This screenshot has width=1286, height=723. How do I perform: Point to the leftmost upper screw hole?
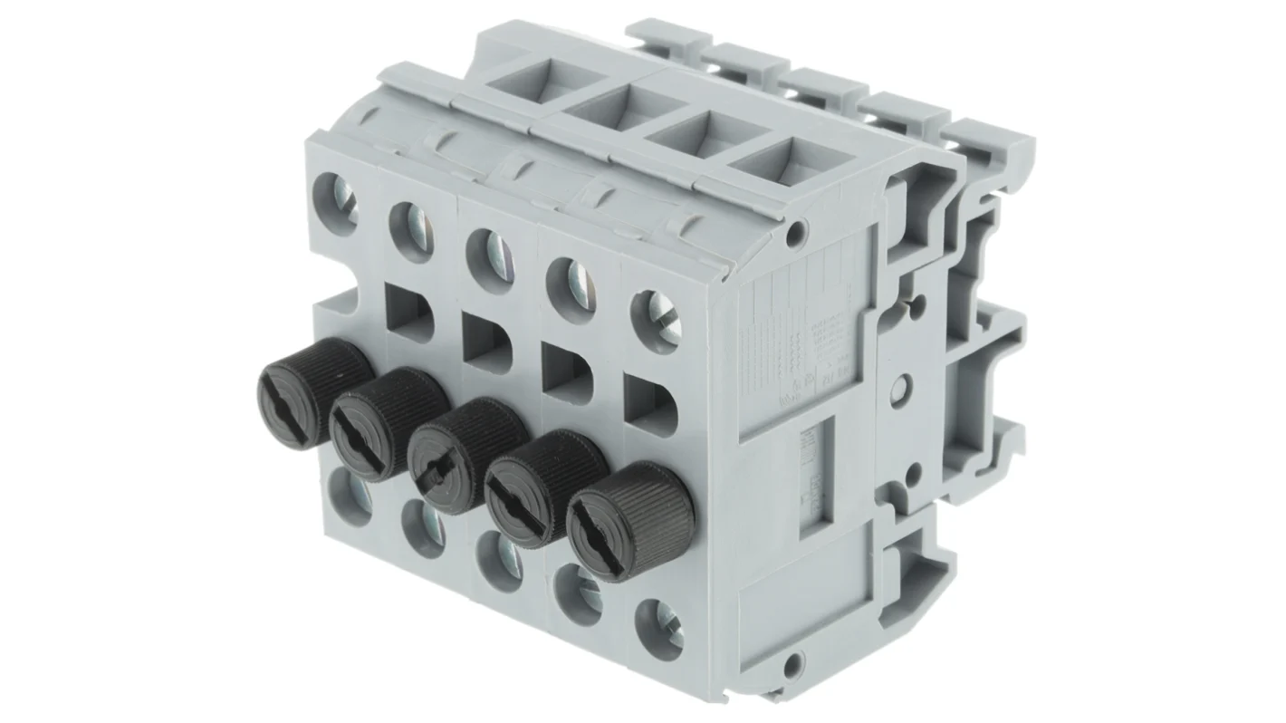[x=334, y=203]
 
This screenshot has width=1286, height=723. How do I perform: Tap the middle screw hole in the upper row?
[x=490, y=261]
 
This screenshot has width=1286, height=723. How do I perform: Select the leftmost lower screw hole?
[x=350, y=495]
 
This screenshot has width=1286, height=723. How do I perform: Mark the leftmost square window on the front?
[x=408, y=313]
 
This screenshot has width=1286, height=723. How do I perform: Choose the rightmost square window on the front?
[x=650, y=405]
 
